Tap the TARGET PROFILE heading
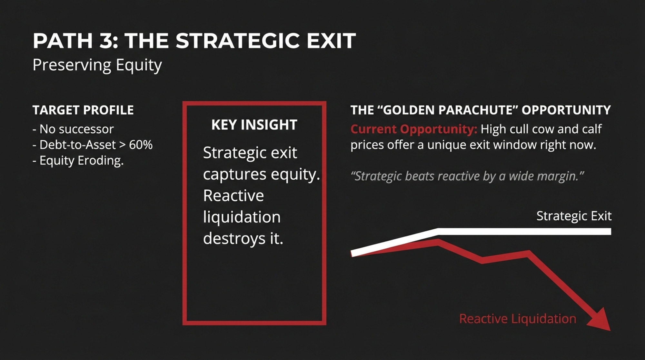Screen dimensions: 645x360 pyautogui.click(x=83, y=110)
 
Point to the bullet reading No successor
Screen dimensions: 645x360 pyautogui.click(x=73, y=129)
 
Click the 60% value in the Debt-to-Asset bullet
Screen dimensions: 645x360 pyautogui.click(x=141, y=145)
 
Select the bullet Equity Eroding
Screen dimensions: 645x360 pyautogui.click(x=78, y=161)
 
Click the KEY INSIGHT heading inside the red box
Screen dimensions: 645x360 pyautogui.click(x=254, y=125)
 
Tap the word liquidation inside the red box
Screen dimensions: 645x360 pyautogui.click(x=242, y=217)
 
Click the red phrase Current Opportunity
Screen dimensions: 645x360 pyautogui.click(x=414, y=129)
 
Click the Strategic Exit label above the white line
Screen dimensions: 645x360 pyautogui.click(x=574, y=216)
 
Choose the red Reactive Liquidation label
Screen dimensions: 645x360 pyautogui.click(x=517, y=319)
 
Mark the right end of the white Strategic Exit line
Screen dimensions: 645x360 pyautogui.click(x=611, y=231)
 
